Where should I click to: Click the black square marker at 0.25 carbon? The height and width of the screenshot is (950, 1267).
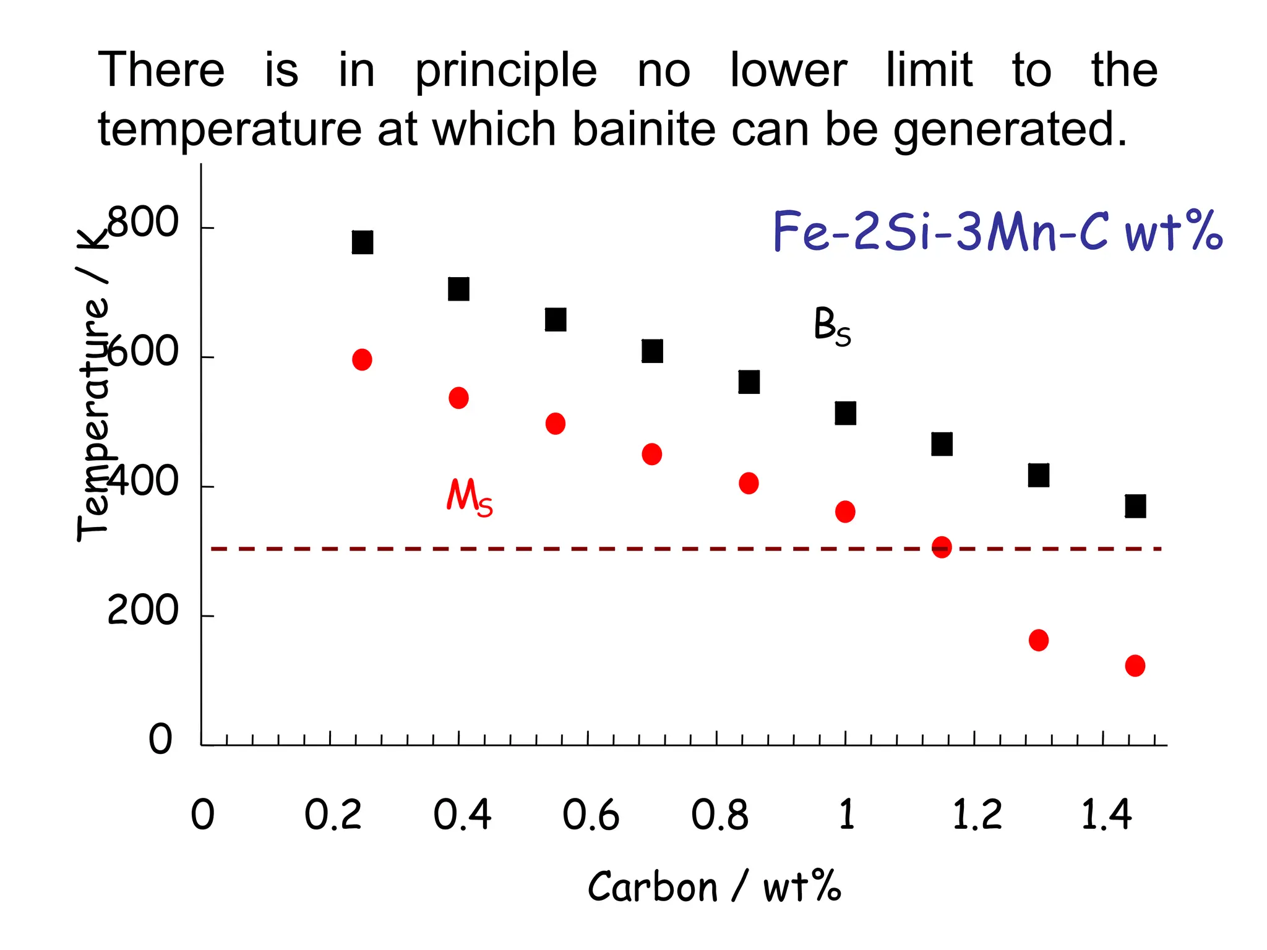(x=363, y=242)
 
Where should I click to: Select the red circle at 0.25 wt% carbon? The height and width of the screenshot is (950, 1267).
(x=362, y=359)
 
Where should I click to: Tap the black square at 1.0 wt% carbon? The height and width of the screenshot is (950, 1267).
(x=845, y=413)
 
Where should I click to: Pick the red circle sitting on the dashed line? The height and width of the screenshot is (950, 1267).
(x=942, y=547)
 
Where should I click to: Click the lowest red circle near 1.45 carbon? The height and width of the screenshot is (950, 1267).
(x=1135, y=665)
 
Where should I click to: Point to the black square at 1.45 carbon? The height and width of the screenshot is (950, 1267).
(x=1135, y=506)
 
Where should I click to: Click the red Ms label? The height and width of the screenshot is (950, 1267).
(x=470, y=497)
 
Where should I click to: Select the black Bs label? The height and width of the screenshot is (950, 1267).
(x=832, y=327)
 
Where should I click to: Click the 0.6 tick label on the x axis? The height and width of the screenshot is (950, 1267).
(x=590, y=815)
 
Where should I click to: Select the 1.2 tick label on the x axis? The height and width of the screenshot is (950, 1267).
(x=976, y=815)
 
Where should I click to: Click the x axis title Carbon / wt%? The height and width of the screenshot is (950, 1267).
(x=715, y=887)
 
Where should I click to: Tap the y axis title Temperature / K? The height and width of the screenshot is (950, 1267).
(x=93, y=383)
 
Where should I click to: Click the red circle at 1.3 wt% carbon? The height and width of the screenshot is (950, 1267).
(x=1039, y=640)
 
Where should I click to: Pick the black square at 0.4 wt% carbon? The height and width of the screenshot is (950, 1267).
(x=458, y=289)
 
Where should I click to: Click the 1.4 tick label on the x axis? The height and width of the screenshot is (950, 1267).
(x=1106, y=815)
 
